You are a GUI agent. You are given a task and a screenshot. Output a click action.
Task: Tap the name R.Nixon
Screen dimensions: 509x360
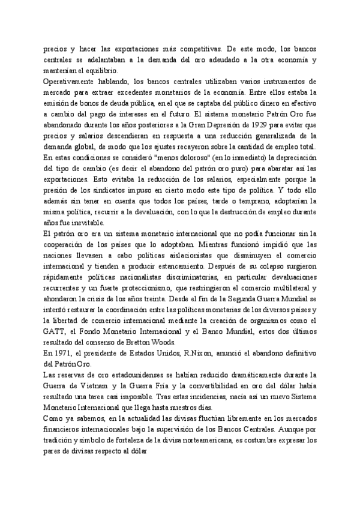(x=184, y=354)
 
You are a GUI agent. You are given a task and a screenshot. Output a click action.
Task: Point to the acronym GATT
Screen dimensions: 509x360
(x=53, y=331)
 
